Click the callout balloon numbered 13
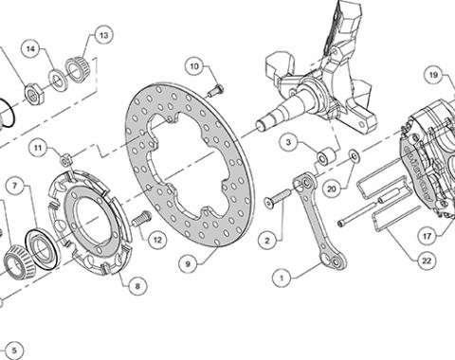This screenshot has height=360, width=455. (103, 35)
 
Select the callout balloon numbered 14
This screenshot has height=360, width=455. (30, 49)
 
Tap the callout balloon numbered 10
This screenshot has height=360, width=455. (194, 66)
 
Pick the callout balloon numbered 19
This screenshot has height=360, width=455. (433, 75)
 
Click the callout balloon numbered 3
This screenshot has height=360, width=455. (288, 142)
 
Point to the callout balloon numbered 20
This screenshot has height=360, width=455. (332, 189)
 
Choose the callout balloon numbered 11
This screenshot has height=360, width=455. (38, 148)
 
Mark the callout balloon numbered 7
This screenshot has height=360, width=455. (15, 186)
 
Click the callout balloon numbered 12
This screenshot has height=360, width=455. (157, 240)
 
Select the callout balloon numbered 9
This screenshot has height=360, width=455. (188, 263)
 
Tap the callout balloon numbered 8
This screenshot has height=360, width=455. (137, 286)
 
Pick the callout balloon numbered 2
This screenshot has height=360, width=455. (267, 241)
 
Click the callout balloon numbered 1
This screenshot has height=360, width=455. (282, 279)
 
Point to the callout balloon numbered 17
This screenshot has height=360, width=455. (427, 236)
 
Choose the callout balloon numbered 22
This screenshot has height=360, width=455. (427, 261)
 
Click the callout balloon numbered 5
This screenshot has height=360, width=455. (14, 351)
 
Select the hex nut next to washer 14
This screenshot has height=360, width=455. (34, 94)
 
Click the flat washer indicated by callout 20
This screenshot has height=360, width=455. (355, 156)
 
